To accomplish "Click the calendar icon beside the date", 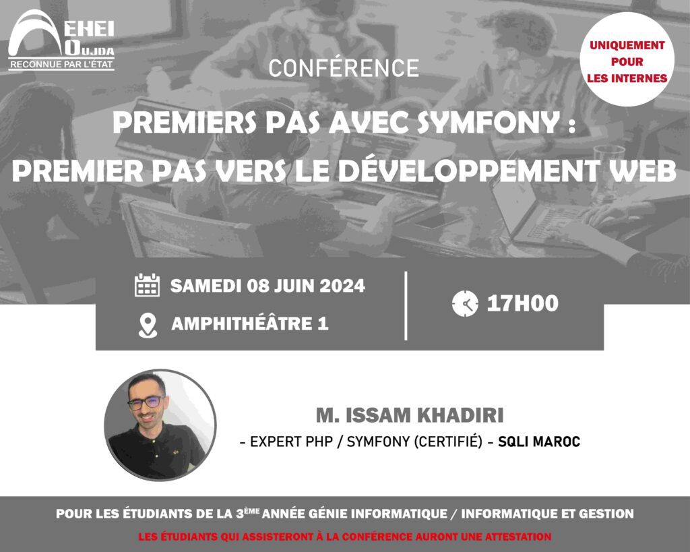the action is [x=147, y=285].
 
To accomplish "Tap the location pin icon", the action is [x=148, y=326].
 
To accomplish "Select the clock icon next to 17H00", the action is [x=465, y=303].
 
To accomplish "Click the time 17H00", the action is [x=523, y=304].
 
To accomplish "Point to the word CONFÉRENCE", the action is [x=344, y=68].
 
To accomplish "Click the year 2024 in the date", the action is [x=342, y=286].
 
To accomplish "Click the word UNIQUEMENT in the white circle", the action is [x=627, y=45].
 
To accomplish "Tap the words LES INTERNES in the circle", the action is [x=627, y=78].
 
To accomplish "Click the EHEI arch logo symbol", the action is [x=35, y=33].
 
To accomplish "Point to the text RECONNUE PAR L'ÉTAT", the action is [x=61, y=64].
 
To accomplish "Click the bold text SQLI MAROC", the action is [x=539, y=441].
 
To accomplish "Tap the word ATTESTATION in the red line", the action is [x=518, y=536].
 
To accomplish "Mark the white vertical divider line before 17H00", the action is [x=405, y=306].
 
